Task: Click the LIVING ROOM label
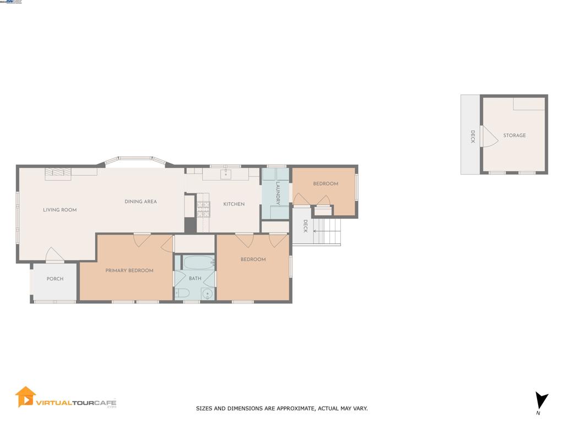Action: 59,210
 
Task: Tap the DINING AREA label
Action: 140,202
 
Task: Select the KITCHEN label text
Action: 234,204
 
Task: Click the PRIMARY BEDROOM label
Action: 129,270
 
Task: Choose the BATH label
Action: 195,279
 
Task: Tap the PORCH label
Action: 55,279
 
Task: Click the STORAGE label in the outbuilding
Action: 514,135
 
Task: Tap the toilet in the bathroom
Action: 182,293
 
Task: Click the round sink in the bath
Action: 207,294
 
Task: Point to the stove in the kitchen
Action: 203,208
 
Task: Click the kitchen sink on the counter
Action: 226,175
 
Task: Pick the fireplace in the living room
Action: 58,173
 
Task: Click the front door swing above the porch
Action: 55,256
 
